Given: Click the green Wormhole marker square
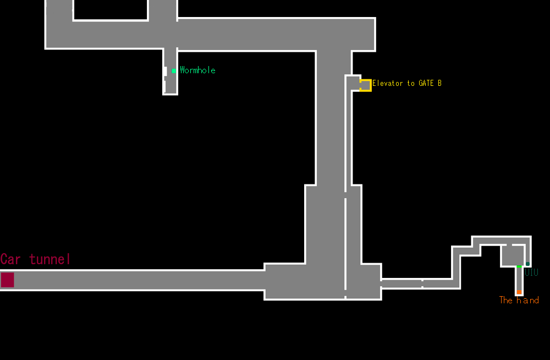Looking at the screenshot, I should pos(174,70).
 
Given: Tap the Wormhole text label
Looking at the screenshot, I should pos(197,70).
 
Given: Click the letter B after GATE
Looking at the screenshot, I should pos(439,84).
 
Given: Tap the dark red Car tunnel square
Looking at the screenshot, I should pos(7,280).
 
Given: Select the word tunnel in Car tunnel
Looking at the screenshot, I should pos(51,259).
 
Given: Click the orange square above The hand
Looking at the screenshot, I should pos(519,292).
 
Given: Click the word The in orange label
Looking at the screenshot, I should pos(505,300).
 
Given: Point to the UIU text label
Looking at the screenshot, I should pos(531,272).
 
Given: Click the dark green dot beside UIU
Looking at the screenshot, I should pos(527,264).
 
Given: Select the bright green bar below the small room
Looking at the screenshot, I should pos(519,266).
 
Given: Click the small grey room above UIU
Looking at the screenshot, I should pos(512,255).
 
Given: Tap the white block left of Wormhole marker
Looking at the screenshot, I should pos(165,71).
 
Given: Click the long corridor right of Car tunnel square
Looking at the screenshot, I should pos(137,280).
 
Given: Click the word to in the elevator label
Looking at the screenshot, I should pos(411,84).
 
